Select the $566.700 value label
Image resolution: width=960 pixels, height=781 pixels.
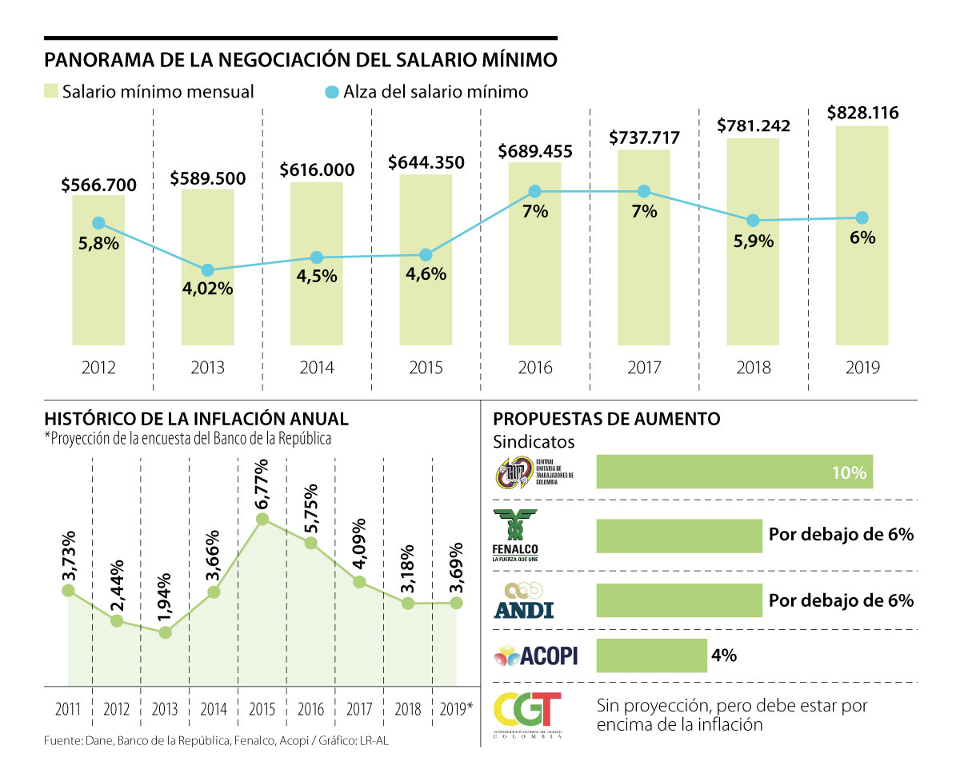98,185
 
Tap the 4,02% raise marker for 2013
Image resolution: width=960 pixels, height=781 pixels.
207,270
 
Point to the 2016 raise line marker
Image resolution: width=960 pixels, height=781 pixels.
535,192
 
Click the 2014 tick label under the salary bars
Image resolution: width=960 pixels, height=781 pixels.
316,368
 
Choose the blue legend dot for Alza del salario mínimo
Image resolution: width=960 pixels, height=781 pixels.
332,92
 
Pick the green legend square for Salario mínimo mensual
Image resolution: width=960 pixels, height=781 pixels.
52,91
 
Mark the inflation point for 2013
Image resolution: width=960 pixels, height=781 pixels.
166,632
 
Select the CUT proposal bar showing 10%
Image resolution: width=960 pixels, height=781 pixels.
734,472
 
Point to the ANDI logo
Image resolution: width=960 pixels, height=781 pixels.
524,600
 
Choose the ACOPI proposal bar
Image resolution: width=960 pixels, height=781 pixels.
651,655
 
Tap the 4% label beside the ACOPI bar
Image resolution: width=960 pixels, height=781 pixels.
723,655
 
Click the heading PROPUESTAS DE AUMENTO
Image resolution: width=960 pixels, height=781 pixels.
606,419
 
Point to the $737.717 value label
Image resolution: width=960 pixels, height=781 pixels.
644,137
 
